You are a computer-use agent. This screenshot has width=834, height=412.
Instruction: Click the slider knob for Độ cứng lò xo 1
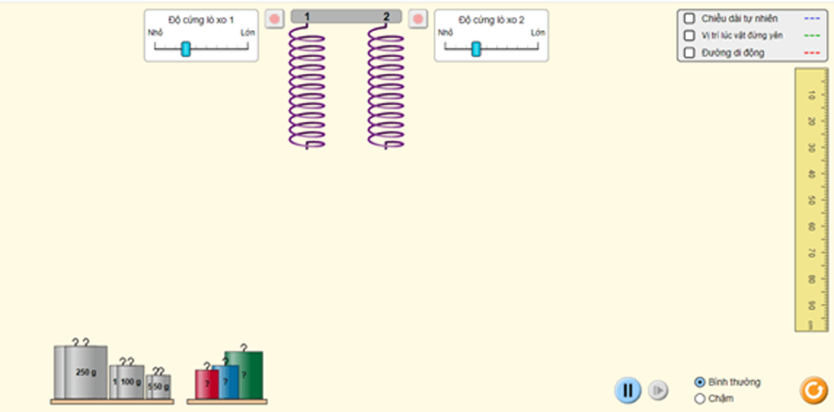[186, 49]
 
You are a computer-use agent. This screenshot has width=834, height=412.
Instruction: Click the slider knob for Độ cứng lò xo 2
[476, 49]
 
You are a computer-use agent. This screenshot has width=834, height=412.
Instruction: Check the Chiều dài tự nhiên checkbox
[690, 18]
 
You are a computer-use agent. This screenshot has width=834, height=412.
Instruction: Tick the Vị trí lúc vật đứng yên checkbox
[690, 36]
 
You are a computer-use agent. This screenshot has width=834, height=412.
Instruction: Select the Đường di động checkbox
[690, 53]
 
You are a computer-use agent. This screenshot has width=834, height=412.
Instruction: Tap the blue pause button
[627, 391]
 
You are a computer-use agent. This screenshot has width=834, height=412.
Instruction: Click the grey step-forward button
[658, 391]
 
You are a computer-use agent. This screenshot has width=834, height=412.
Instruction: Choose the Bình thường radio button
[700, 382]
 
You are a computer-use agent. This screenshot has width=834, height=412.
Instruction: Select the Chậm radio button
[700, 398]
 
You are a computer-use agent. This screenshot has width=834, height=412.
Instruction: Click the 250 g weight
[81, 373]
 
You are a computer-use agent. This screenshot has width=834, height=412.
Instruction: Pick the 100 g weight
[127, 382]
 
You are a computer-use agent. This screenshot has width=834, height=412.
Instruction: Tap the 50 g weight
[159, 387]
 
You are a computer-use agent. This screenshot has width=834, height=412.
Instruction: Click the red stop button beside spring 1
[274, 18]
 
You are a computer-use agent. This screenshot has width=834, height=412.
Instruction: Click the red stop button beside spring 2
[418, 18]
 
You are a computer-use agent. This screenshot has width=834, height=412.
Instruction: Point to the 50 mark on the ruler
[811, 200]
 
